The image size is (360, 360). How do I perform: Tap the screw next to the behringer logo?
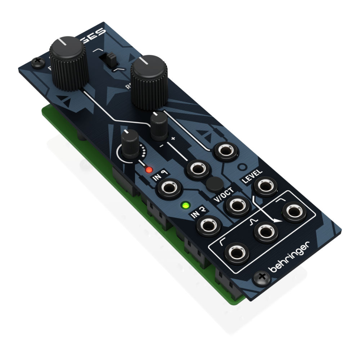(262, 278)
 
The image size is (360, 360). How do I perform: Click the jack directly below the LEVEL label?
(265, 186)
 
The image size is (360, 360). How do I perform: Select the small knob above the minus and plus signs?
(159, 124)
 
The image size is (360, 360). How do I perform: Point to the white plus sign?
(173, 138)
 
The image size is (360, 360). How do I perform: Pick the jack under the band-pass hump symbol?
(266, 233)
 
